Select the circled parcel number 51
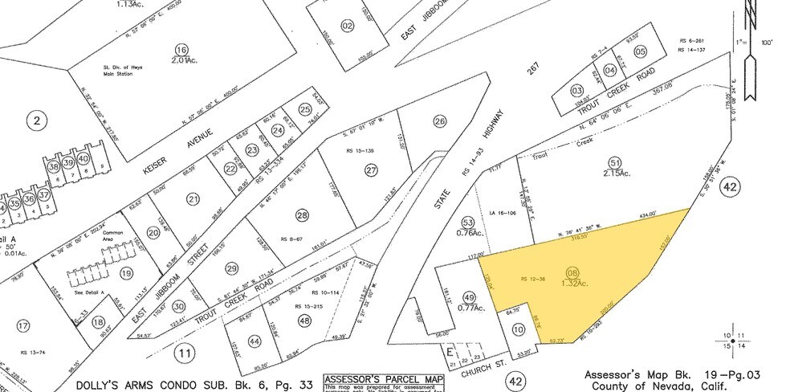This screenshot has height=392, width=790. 616,162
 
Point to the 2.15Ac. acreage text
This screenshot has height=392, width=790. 617,173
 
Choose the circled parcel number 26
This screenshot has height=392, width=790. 439,121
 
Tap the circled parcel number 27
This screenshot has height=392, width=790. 370,169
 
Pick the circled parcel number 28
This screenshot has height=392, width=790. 301,214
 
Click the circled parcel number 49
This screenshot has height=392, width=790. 470,296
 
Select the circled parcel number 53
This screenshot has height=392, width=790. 469,221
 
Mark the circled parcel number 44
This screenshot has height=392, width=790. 255,341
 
